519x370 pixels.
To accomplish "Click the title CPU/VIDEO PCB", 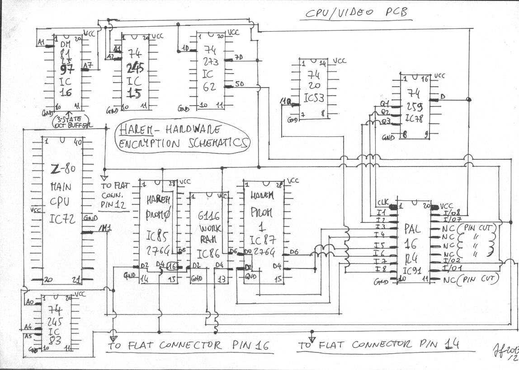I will (x=356, y=12).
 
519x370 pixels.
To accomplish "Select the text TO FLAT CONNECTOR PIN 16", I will (x=189, y=346).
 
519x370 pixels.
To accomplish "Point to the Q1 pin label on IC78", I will (x=385, y=104).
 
